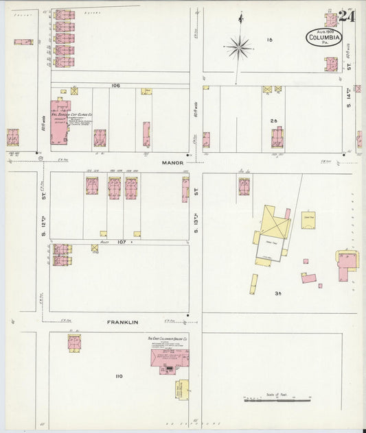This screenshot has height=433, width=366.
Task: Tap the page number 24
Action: coord(347,15)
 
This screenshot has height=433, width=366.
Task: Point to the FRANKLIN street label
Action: coord(124,321)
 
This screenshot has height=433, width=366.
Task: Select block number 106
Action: coord(115,86)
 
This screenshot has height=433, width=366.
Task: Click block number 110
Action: coord(119,375)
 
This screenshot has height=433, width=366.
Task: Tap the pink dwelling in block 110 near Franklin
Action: coord(75,341)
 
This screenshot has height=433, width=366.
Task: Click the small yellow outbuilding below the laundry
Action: coord(183,388)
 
